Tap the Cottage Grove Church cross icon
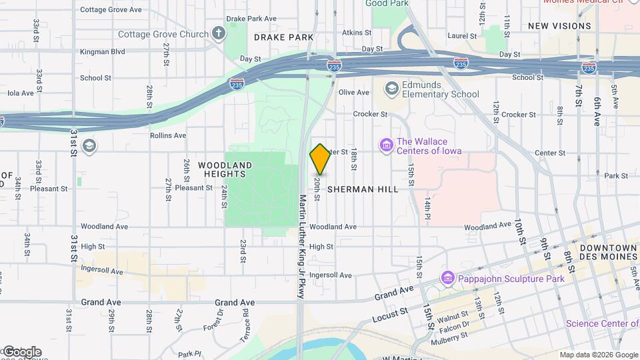coord(218,33)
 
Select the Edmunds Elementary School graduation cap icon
coord(391,88)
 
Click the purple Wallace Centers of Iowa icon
coord(385,144)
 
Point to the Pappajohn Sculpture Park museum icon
coord(447,278)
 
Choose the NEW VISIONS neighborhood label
coord(559,26)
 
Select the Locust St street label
coord(385,312)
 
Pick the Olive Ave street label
coord(354,93)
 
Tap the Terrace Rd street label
coord(245,319)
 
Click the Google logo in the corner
coord(21,352)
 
